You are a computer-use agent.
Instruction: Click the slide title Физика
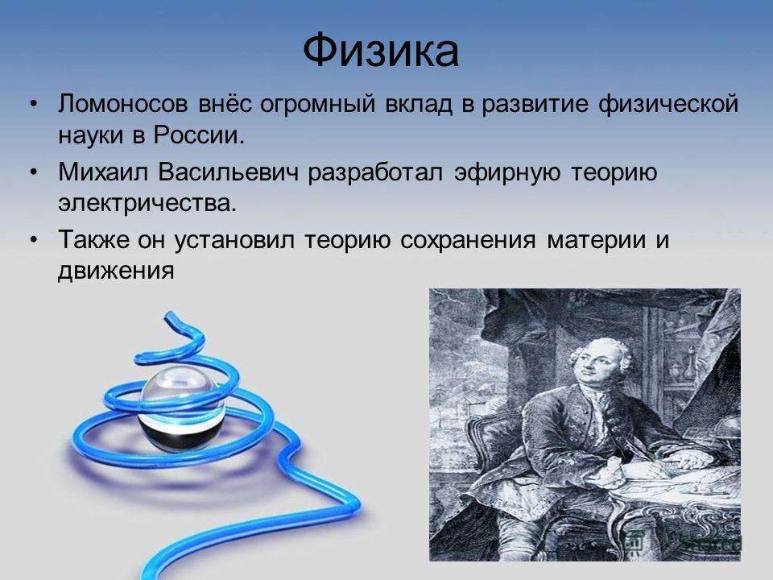tap(381, 51)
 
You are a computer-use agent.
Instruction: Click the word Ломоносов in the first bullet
tap(123, 105)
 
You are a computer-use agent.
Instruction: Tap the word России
tap(199, 135)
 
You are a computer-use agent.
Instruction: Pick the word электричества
tap(147, 203)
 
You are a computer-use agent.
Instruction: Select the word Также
tap(93, 240)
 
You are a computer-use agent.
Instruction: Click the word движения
tap(116, 271)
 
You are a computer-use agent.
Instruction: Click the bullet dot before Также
tap(33, 241)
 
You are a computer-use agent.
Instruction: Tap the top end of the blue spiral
tap(168, 316)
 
